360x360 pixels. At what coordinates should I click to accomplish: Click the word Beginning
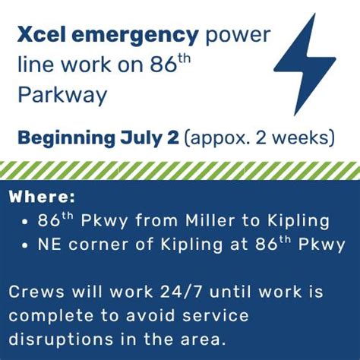pos(68,139)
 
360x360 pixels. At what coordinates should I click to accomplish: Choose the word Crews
pos(37,292)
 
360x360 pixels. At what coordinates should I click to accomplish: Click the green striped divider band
pos(180,169)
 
